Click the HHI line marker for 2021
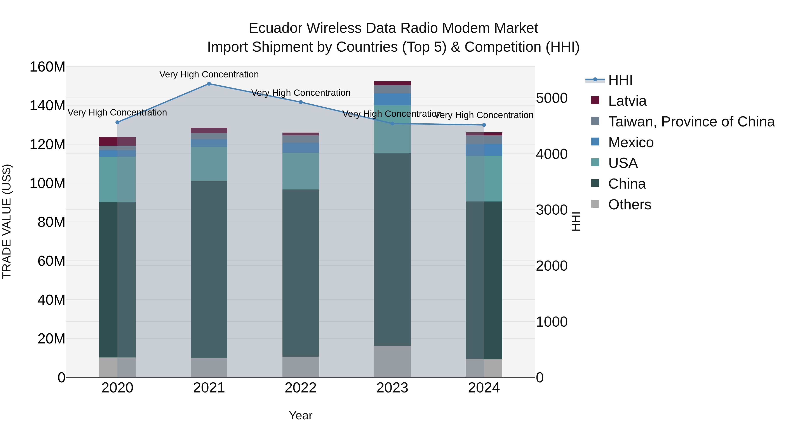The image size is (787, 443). (209, 84)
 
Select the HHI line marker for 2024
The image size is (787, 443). (484, 125)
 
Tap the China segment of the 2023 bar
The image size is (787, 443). (392, 249)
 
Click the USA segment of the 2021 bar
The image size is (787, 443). (209, 164)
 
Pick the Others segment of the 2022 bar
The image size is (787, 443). (301, 367)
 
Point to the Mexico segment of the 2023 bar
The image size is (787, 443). (392, 99)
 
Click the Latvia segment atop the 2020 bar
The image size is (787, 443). (117, 141)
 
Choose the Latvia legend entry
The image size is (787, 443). (627, 101)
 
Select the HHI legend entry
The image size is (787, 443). (620, 80)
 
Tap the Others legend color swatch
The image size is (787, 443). (595, 204)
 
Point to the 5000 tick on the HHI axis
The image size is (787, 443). (552, 98)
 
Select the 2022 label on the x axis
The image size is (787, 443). (301, 388)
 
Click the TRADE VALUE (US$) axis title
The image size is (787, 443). (7, 221)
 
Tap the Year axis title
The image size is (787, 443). (301, 415)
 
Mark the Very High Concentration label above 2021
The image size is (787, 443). (209, 74)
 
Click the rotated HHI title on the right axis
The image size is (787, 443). (576, 221)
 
